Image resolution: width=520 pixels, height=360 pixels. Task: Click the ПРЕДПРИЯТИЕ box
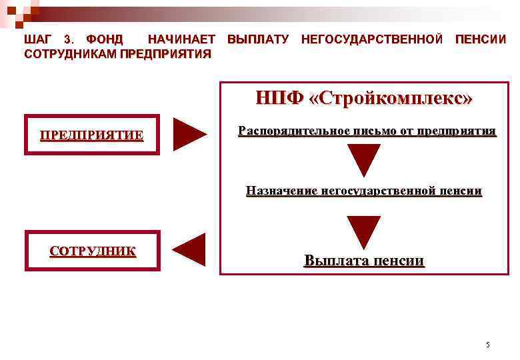pos(92,135)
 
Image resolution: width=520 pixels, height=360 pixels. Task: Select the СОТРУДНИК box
pos(93,251)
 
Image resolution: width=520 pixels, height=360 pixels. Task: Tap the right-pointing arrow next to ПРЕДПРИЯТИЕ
pos(189,134)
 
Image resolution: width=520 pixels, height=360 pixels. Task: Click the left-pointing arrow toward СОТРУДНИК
pos(190,250)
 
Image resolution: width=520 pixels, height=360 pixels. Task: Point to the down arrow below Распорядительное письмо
pos(364,160)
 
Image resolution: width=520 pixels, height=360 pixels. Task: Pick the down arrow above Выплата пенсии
pos(364,231)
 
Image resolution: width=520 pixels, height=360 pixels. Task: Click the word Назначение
pos(281,191)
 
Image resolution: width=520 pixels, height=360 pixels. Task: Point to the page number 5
pos(487,345)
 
